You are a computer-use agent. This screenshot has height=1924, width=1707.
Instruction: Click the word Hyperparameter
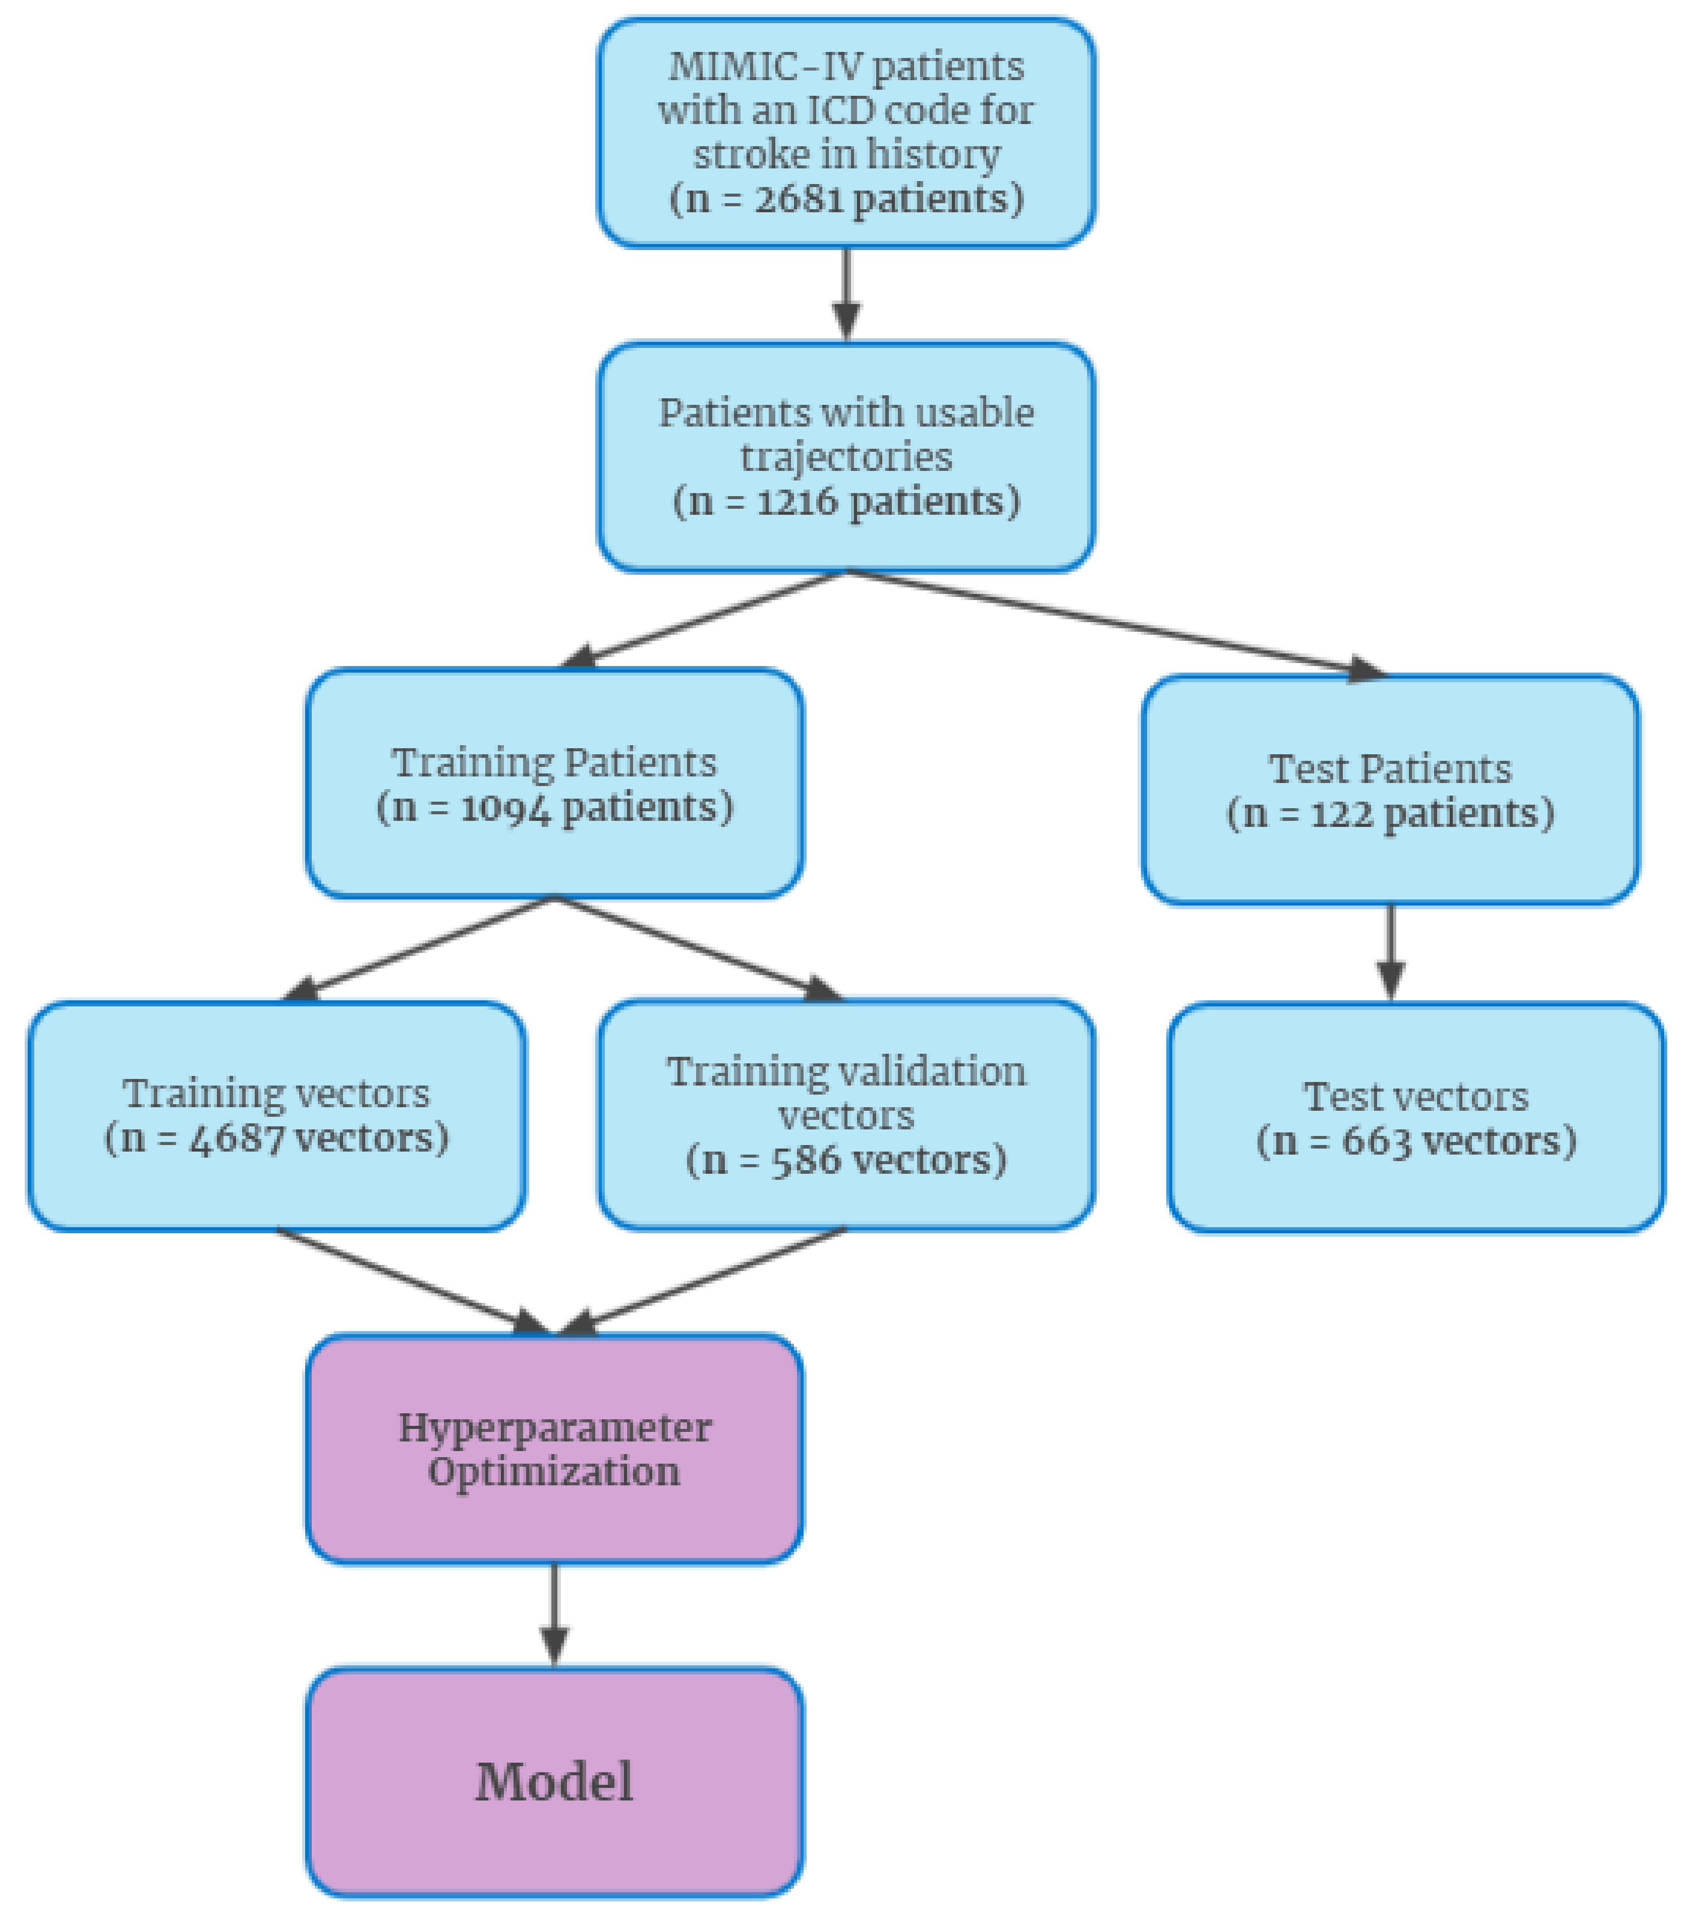tap(554, 1428)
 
